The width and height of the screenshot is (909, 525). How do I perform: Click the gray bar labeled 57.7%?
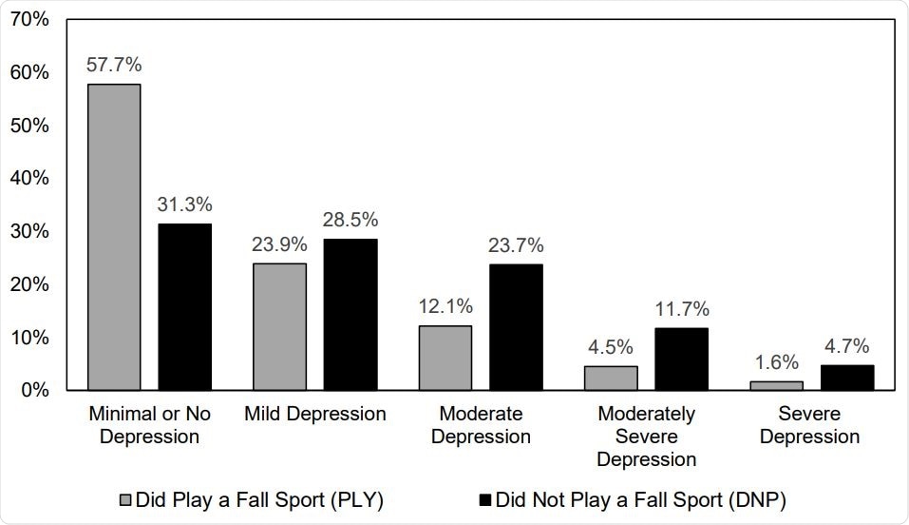coord(114,237)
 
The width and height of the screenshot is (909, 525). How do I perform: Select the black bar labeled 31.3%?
coord(184,306)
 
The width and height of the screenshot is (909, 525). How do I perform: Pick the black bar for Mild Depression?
coord(350,314)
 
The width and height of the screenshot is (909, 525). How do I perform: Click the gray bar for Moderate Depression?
coord(445,358)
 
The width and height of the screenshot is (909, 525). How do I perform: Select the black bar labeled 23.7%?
coord(516,327)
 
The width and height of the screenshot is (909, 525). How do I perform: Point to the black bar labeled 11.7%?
coord(681,359)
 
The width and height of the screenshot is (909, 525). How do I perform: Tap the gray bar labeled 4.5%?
coord(611,378)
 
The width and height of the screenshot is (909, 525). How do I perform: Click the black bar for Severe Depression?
coord(846,378)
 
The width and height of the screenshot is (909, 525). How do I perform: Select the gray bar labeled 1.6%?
coord(776,385)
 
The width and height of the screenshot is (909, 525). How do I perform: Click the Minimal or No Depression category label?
coord(149,425)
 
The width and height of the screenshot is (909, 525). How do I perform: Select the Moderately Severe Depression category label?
coord(646,437)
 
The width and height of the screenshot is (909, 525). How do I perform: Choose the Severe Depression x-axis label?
coord(811,425)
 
